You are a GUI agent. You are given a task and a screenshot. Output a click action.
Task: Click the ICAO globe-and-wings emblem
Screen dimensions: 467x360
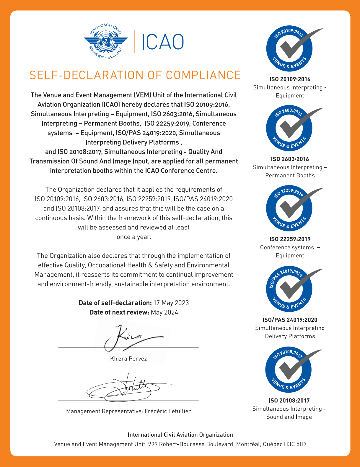pyautogui.click(x=106, y=41)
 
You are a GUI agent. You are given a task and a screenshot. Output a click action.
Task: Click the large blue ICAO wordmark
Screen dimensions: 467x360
pyautogui.click(x=163, y=42)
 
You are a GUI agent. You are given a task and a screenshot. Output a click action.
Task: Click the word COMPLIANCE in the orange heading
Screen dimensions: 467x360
pyautogui.click(x=203, y=75)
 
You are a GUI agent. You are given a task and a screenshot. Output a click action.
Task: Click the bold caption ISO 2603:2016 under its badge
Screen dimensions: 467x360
pyautogui.click(x=290, y=159)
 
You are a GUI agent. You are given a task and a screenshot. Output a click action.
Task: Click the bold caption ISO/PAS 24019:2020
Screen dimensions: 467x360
pyautogui.click(x=290, y=320)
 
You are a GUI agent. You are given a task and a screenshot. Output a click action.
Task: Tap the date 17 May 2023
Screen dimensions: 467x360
pyautogui.click(x=171, y=303)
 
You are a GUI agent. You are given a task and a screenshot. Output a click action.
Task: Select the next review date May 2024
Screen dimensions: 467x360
pyautogui.click(x=164, y=312)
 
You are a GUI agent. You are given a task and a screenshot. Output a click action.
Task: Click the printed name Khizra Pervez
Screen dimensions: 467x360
pyautogui.click(x=128, y=359)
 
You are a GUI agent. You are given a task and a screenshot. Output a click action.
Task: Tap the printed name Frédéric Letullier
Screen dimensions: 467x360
pyautogui.click(x=168, y=411)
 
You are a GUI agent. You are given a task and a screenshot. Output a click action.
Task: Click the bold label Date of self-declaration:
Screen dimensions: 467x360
pyautogui.click(x=115, y=303)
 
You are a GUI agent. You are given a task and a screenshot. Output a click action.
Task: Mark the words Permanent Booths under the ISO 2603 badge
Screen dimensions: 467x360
pyautogui.click(x=290, y=175)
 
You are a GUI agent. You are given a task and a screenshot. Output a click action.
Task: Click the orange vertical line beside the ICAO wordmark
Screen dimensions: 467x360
pyautogui.click(x=135, y=42)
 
